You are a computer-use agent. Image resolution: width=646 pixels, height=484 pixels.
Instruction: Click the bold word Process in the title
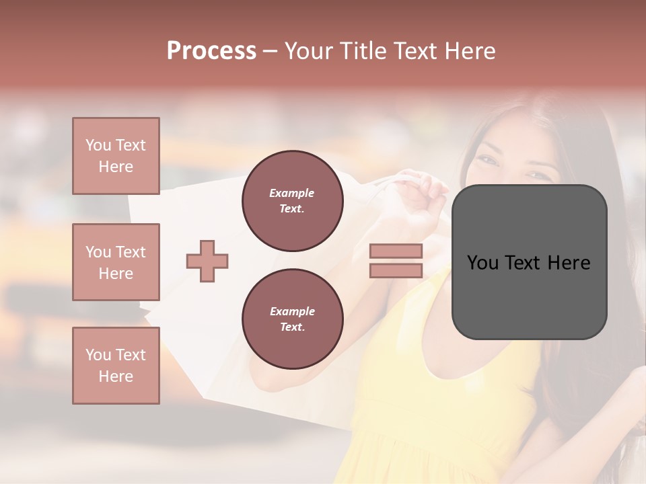coord(211,51)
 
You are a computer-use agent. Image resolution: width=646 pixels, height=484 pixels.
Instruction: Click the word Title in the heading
coord(357,51)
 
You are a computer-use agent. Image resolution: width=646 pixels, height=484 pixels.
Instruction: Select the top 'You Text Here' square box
coord(116,156)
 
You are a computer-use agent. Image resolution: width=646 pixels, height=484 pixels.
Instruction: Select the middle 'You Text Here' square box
coord(116,262)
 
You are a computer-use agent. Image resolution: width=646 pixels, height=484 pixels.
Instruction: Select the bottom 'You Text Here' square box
coord(116,366)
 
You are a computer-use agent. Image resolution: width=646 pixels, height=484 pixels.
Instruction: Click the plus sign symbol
coord(207,261)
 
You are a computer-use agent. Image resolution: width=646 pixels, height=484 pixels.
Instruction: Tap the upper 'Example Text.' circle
coord(292,201)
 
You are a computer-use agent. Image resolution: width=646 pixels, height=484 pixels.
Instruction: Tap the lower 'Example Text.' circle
coord(292,319)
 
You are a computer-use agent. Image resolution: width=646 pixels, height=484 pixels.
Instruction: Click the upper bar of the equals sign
coord(396,251)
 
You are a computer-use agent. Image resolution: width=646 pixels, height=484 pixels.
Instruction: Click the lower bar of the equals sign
coord(396,271)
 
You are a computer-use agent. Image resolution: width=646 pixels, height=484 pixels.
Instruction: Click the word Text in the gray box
coord(529,263)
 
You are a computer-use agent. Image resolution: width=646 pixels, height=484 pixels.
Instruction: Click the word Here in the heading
coord(471,51)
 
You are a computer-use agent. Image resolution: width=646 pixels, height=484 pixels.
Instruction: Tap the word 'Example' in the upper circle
coord(292,193)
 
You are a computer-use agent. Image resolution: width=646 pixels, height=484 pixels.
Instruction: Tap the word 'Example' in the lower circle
coord(292,311)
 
